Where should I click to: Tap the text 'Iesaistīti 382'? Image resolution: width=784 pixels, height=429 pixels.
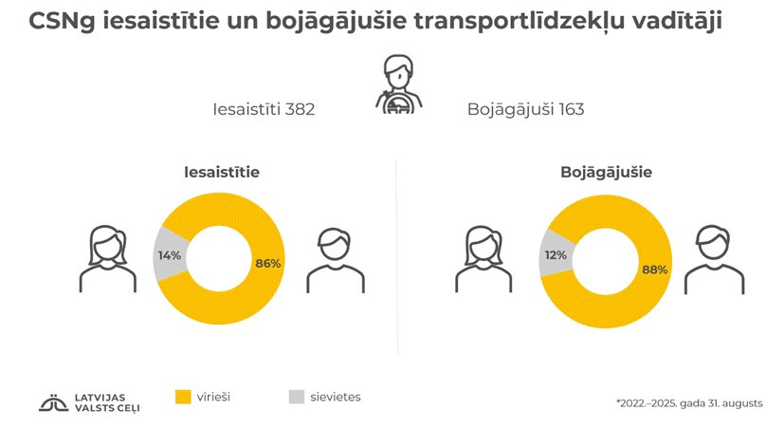click(264, 109)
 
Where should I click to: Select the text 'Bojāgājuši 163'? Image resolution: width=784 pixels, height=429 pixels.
click(525, 109)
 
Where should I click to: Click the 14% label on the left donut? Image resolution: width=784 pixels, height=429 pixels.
click(169, 254)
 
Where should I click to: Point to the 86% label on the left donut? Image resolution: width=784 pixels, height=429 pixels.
click(268, 263)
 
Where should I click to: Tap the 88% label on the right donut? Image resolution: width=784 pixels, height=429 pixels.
click(655, 270)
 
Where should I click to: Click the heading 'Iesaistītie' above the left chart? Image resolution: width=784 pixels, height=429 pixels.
click(222, 173)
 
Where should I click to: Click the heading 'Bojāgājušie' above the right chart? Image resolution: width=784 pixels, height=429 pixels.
click(606, 173)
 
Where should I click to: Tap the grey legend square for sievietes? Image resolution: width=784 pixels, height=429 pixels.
click(296, 397)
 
